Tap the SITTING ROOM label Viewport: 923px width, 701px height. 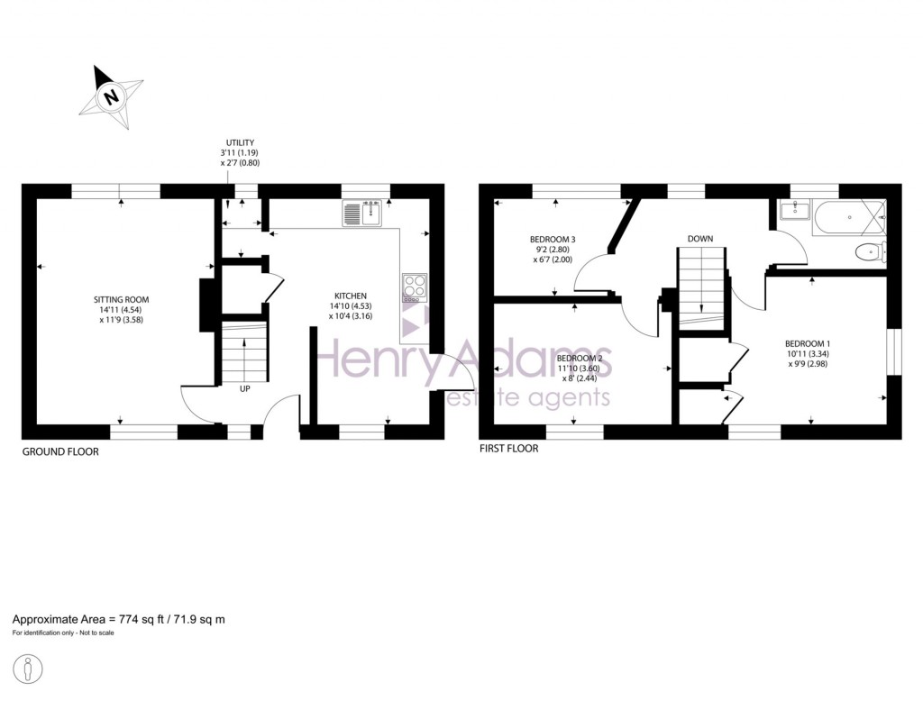pos(122,299)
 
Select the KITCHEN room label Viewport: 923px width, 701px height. pos(352,296)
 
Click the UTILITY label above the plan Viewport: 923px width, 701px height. pos(241,142)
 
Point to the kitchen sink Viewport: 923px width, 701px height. pos(362,214)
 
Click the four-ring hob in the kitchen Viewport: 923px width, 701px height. pos(415,286)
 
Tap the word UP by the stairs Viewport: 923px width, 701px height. pos(245,389)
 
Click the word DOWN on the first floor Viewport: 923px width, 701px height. pos(700,239)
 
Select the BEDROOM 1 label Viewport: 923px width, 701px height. pos(807,343)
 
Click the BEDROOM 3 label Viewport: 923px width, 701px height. pos(553,239)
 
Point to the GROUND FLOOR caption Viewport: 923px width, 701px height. pos(60,451)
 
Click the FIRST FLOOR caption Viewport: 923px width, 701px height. pos(508,449)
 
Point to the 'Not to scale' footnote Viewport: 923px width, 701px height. pos(91,633)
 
